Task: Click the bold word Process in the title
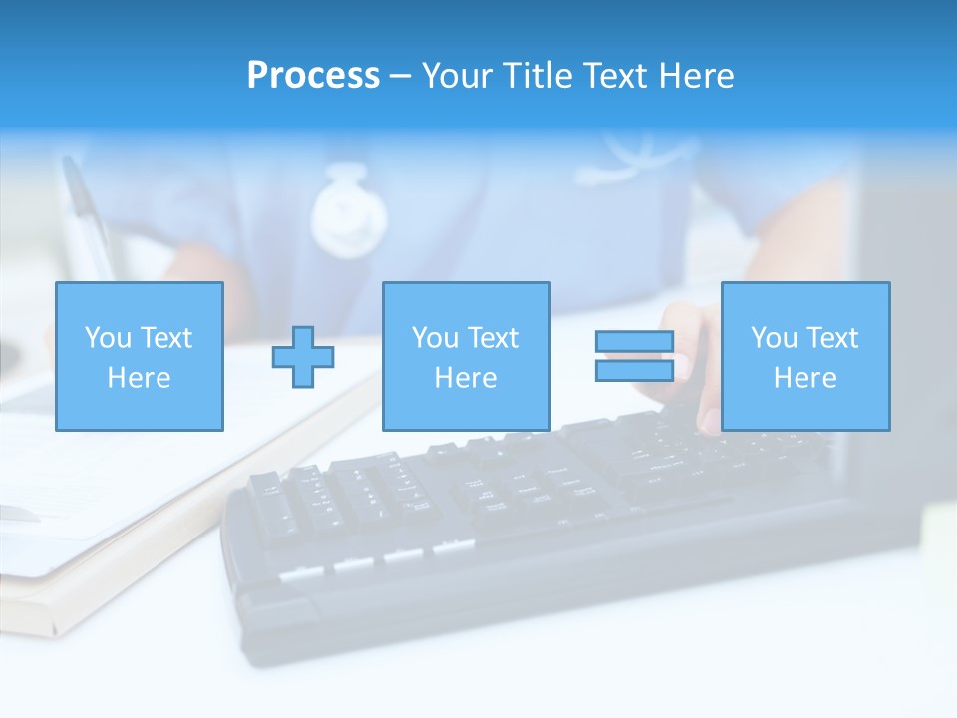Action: coord(313,76)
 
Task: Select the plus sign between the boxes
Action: coord(303,356)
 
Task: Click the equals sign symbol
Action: coord(634,356)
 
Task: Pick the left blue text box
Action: coord(139,356)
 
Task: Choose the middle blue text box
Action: coord(466,356)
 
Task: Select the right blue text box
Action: coord(804,356)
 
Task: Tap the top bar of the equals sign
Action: coord(634,342)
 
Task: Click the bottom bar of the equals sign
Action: coord(634,370)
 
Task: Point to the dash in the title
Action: coord(400,76)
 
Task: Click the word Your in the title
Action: coord(461,76)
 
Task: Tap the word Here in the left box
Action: coord(139,378)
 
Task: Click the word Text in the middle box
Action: coord(492,338)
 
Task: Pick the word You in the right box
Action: coord(775,338)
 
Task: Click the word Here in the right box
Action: coord(804,378)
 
